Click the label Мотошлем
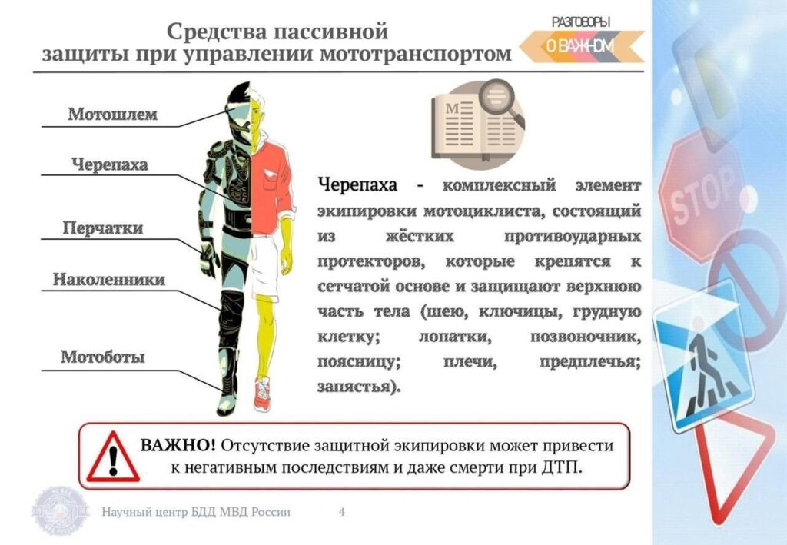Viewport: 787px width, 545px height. [113, 115]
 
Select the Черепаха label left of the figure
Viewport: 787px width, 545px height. [110, 164]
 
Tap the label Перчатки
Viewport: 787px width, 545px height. [103, 228]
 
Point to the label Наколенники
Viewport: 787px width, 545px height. [109, 280]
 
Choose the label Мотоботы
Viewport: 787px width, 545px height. [103, 357]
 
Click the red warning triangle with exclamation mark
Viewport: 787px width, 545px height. [113, 457]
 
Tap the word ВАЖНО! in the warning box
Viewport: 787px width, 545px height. [178, 445]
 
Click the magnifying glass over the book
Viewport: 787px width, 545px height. [501, 102]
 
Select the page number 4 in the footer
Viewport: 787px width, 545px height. [342, 512]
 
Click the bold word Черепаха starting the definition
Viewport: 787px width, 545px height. [357, 185]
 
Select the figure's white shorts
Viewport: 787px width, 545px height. [264, 266]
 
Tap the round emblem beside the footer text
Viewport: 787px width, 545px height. [60, 510]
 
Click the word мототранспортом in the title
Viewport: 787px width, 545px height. [416, 54]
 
